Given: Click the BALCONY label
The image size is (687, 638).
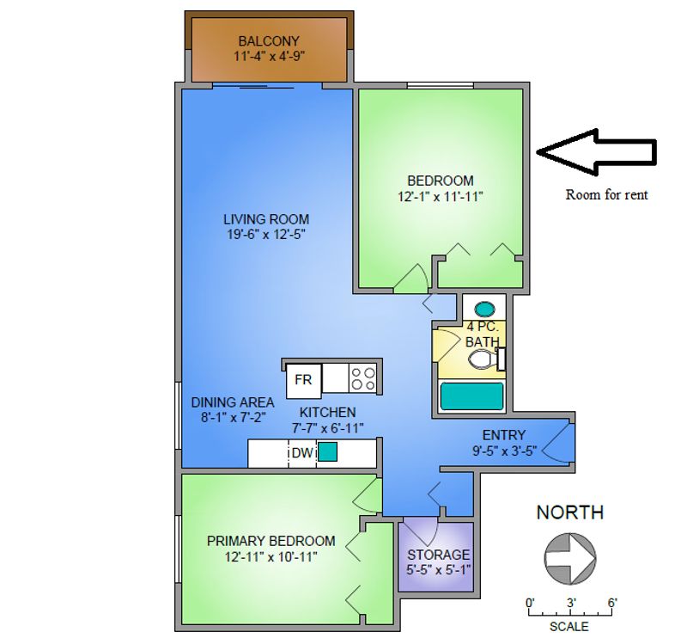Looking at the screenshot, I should click(x=269, y=40).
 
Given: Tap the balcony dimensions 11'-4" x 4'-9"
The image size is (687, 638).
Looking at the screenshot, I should click(x=269, y=56).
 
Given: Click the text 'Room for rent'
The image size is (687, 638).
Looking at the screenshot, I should click(x=606, y=195).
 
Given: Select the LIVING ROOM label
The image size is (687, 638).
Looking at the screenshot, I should click(x=266, y=218).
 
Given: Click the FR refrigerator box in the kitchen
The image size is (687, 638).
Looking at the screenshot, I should click(x=303, y=378).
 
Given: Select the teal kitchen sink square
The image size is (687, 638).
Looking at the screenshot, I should click(x=328, y=451).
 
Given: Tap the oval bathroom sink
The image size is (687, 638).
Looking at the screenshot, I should click(x=484, y=307).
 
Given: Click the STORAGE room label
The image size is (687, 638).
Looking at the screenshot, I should click(x=438, y=555).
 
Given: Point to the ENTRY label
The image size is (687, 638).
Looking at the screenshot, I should click(x=504, y=435).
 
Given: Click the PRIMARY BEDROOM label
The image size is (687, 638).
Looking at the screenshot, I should click(x=271, y=541).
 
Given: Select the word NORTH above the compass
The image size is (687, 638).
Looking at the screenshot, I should click(x=569, y=512).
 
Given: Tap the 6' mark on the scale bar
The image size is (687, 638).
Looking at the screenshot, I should click(x=611, y=603).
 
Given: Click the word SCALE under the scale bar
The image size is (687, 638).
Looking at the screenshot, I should click(x=570, y=627).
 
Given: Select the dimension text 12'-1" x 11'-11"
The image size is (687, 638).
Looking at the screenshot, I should click(x=440, y=196).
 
